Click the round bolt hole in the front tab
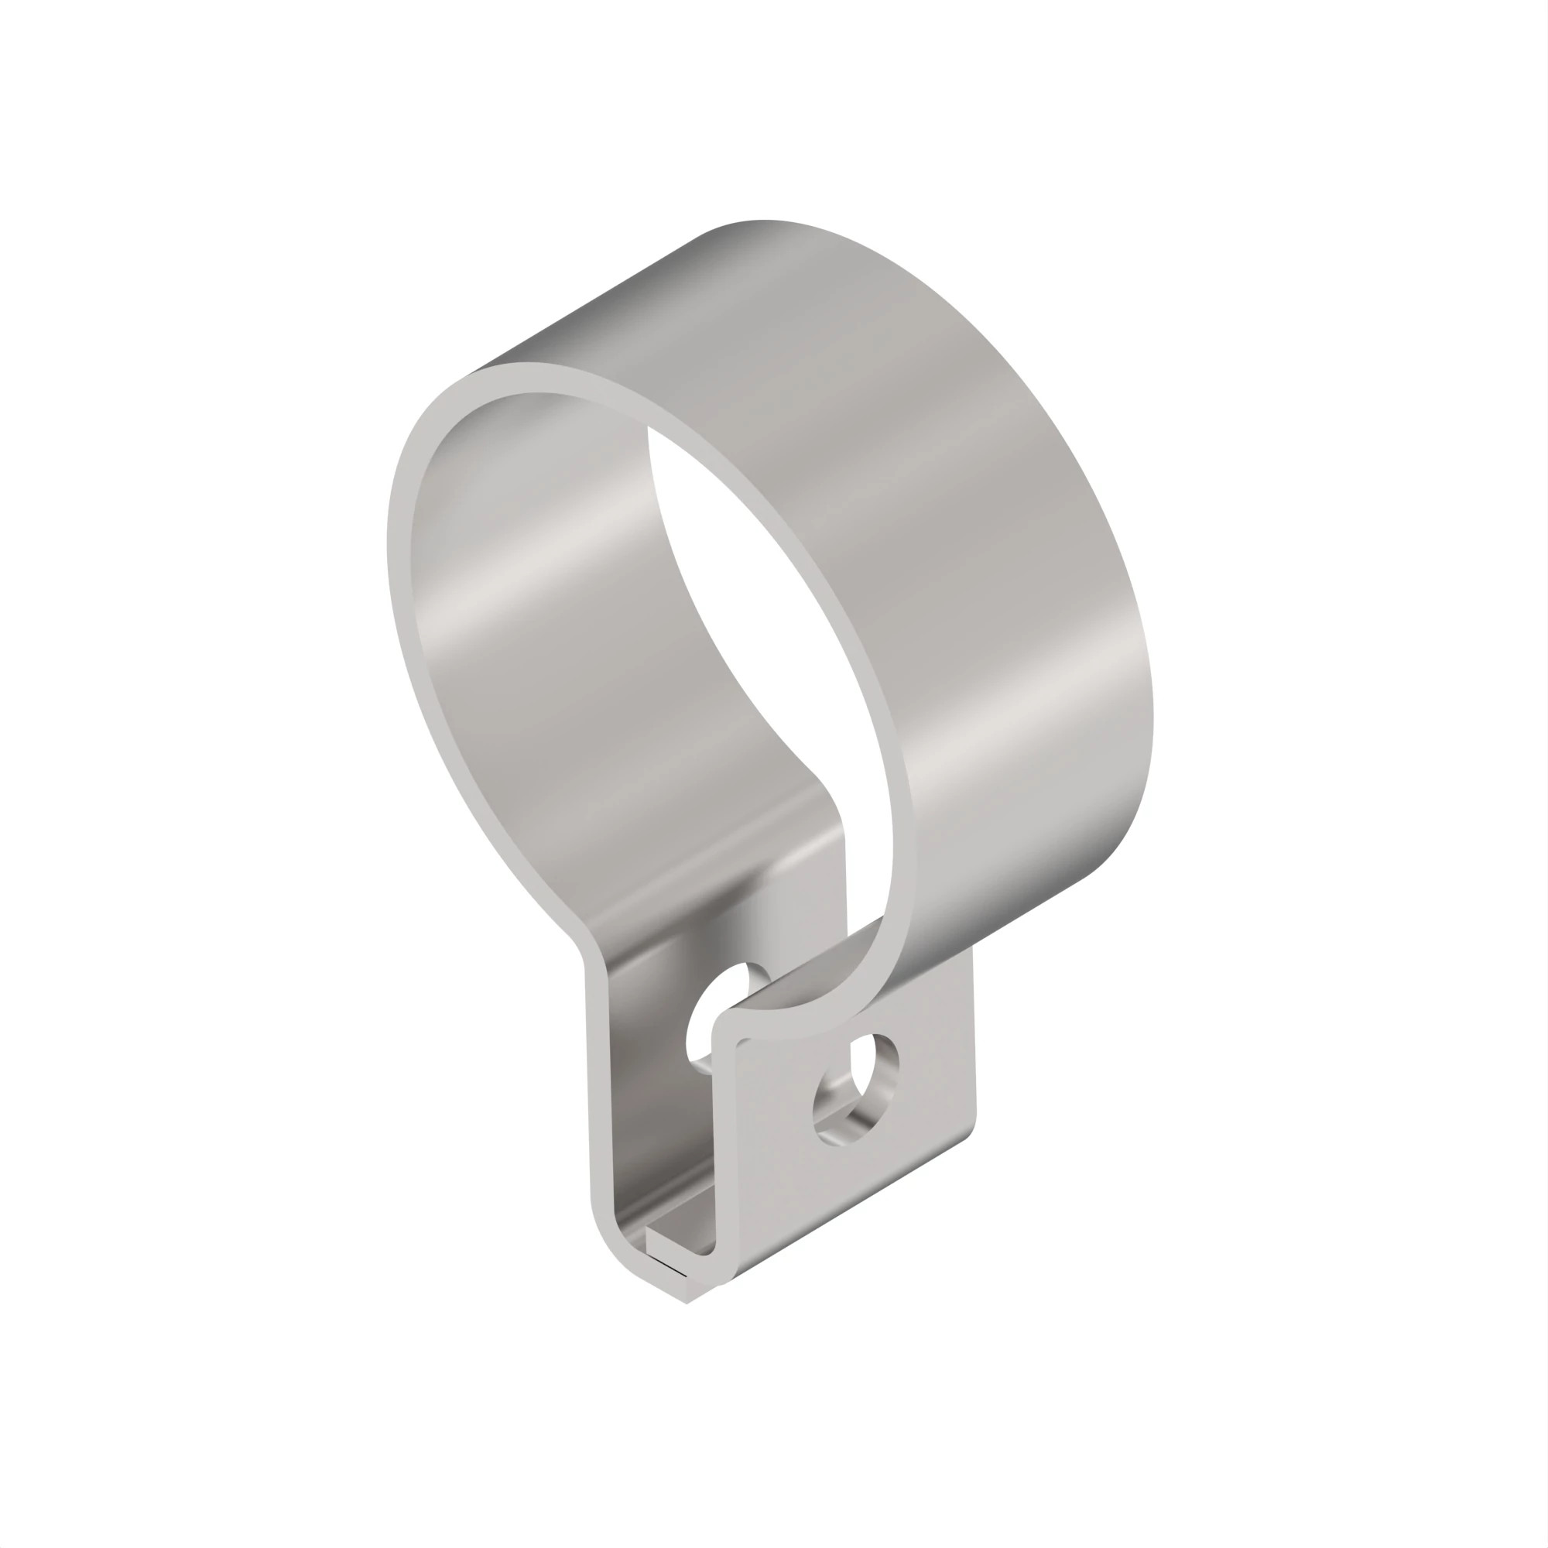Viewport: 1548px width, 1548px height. [x=856, y=1089]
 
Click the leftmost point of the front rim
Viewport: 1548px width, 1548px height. [x=388, y=545]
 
